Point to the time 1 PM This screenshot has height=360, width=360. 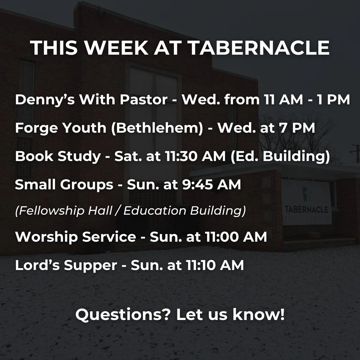pyautogui.click(x=333, y=100)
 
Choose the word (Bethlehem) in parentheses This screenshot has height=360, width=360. pyautogui.click(x=157, y=128)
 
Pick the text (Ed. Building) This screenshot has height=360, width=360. pyautogui.click(x=280, y=156)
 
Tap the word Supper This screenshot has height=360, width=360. pyautogui.click(x=90, y=265)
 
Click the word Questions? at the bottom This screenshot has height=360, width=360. pyautogui.click(x=123, y=314)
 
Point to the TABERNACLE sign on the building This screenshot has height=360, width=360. pyautogui.click(x=306, y=210)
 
